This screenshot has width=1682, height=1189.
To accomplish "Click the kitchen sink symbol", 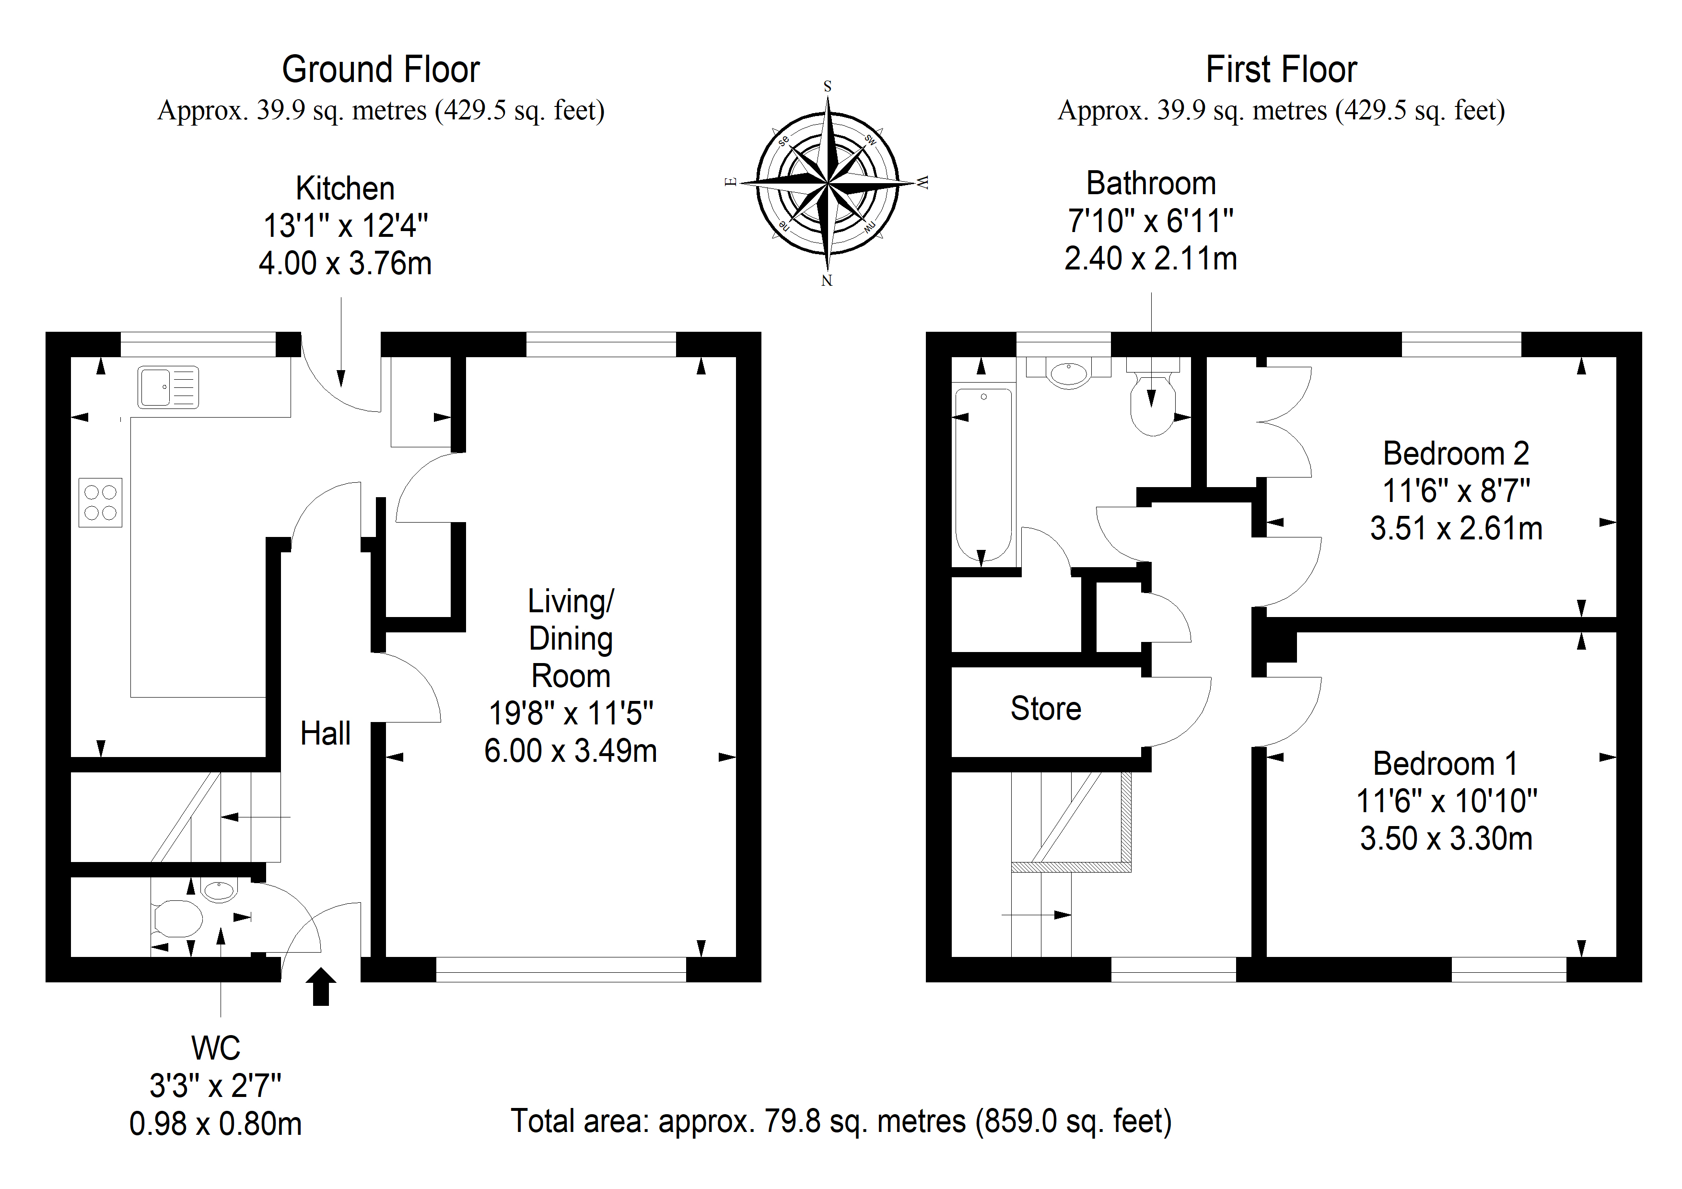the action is (168, 387).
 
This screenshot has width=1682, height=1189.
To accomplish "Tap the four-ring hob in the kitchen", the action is (100, 502).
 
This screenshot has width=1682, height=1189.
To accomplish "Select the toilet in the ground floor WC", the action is (176, 919).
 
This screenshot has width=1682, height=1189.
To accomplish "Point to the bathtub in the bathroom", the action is (984, 475).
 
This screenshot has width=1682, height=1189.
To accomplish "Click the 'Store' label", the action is (1045, 709).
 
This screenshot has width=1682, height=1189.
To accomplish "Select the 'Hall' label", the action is (325, 734).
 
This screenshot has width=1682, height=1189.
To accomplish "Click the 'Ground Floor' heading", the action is (381, 70).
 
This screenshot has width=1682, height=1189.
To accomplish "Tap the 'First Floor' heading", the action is (1281, 70).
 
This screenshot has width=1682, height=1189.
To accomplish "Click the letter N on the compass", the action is (827, 280).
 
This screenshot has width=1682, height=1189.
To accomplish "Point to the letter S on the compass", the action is (828, 86).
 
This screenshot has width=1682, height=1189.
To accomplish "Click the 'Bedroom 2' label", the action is (1456, 454).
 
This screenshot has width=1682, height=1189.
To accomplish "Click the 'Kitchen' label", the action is (345, 188).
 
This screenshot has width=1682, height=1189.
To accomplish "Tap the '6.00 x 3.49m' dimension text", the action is (571, 751).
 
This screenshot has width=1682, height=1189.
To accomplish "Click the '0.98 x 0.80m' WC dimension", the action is (215, 1124).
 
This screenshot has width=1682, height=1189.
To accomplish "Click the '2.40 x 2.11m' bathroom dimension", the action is (1151, 258).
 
